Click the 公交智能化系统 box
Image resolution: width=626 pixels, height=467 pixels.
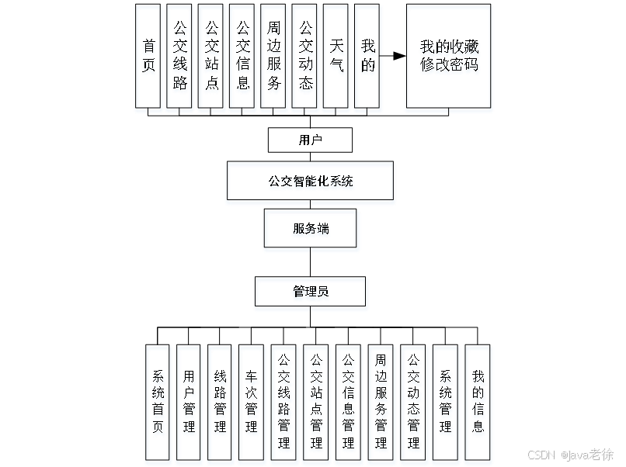[x=310, y=183]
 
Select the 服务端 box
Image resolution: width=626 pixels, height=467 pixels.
[x=311, y=230]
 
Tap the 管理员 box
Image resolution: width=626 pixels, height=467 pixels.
[x=311, y=294]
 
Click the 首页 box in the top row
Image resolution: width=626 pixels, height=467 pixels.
[x=148, y=59]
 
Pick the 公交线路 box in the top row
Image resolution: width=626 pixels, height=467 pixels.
[x=180, y=59]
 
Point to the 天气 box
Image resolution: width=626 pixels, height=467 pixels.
[x=336, y=59]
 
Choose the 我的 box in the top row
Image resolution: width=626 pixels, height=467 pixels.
[x=367, y=59]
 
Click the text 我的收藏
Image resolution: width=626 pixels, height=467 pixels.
[x=450, y=48]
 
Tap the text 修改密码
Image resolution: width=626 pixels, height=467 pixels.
[x=450, y=67]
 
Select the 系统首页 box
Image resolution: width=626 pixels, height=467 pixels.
[x=158, y=404]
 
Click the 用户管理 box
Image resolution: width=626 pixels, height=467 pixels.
[x=190, y=404]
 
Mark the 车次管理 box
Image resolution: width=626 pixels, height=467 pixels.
[x=252, y=404]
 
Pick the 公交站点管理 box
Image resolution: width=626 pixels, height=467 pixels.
[x=316, y=404]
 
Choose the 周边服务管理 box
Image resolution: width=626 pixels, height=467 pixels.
[x=381, y=404]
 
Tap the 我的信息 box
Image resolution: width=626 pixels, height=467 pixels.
[x=479, y=404]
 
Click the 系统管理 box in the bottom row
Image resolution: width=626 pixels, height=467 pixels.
[x=446, y=404]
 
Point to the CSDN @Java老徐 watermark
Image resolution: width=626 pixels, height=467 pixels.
[x=569, y=454]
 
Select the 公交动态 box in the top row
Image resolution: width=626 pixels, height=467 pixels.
[x=306, y=59]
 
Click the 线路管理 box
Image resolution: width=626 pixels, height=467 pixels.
[x=221, y=404]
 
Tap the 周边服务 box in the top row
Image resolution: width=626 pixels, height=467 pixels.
[x=273, y=59]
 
